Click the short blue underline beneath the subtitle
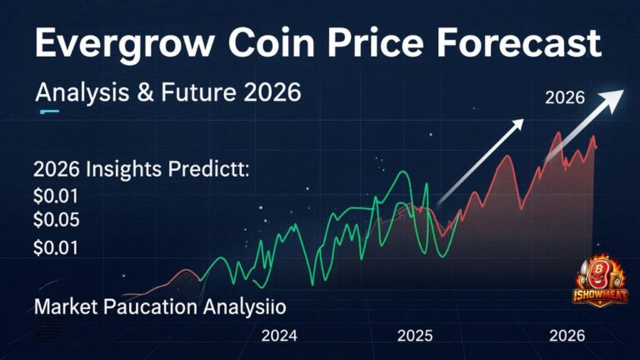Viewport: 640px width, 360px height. point(48,111)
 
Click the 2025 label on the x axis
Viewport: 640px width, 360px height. point(414,337)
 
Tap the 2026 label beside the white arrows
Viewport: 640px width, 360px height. point(565,97)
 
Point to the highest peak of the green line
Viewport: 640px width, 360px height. point(402,172)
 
